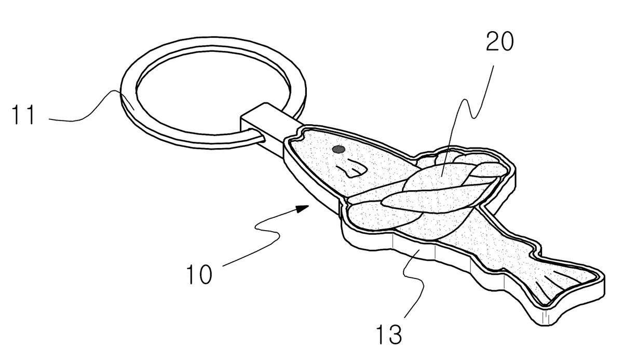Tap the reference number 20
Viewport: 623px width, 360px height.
point(499,42)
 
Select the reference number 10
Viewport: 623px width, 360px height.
point(199,274)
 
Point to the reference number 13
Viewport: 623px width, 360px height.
point(389,335)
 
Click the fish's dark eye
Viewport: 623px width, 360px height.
point(338,150)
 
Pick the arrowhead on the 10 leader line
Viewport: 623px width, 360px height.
point(302,209)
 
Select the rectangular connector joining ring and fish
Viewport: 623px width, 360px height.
point(267,123)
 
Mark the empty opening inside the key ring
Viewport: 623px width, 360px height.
point(213,93)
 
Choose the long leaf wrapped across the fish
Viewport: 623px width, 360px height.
point(434,199)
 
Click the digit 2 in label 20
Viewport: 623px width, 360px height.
point(492,42)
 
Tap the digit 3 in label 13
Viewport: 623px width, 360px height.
point(395,335)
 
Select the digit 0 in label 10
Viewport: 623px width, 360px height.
point(205,274)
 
